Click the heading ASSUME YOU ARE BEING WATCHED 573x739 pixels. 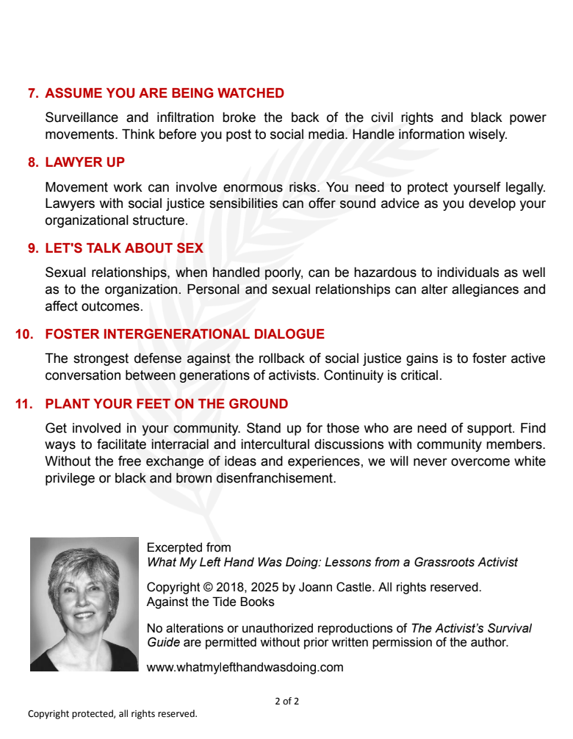[x=165, y=93]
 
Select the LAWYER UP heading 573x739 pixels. [x=85, y=162]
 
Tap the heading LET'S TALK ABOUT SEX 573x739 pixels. [x=124, y=248]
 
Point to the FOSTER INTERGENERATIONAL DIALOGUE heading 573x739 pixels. [x=184, y=334]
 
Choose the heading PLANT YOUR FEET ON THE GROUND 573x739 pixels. [x=167, y=404]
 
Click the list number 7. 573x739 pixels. [x=33, y=93]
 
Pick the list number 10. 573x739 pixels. [x=25, y=334]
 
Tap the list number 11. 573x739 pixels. [x=25, y=404]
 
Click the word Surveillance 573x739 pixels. [x=79, y=118]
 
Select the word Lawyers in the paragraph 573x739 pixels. [x=68, y=204]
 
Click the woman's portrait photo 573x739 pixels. [x=84, y=604]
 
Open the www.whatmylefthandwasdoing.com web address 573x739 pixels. [x=245, y=668]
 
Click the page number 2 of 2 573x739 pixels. [x=286, y=701]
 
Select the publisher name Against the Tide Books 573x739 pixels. [x=211, y=602]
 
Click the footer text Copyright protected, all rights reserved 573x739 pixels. [x=112, y=714]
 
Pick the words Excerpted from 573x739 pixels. [x=189, y=547]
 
